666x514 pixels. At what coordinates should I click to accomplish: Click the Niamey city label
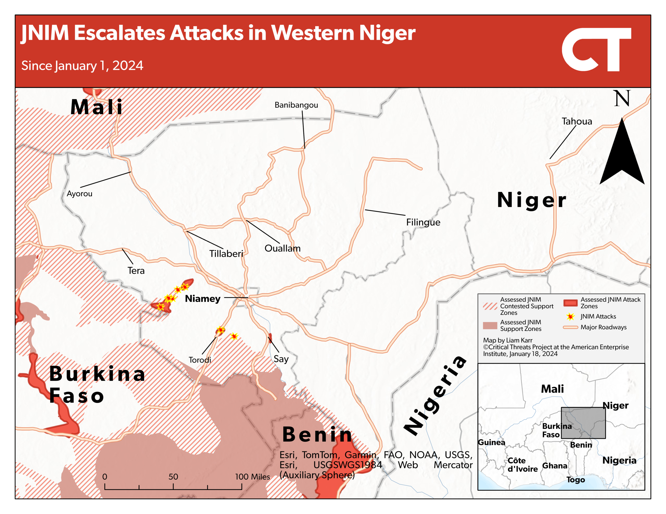click(x=202, y=299)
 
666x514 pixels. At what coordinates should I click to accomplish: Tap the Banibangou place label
click(x=296, y=105)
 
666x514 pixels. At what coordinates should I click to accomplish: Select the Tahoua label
click(x=577, y=121)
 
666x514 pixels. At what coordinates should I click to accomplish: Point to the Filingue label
click(x=423, y=222)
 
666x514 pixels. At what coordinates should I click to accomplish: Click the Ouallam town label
click(x=282, y=248)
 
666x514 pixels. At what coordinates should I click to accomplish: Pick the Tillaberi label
click(x=226, y=254)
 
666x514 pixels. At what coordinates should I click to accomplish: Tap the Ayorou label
click(x=79, y=194)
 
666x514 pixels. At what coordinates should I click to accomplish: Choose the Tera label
click(x=136, y=271)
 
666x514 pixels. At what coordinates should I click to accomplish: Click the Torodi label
click(x=200, y=360)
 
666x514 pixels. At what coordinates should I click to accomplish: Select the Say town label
click(x=281, y=359)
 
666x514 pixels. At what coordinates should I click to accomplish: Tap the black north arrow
click(x=622, y=155)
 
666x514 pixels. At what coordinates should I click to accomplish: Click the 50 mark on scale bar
click(x=173, y=477)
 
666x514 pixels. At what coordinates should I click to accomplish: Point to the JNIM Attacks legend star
click(x=570, y=317)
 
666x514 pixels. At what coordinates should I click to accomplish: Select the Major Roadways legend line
click(x=570, y=327)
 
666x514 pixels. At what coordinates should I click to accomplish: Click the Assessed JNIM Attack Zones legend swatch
click(x=570, y=303)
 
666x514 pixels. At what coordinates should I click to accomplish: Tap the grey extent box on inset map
click(x=583, y=423)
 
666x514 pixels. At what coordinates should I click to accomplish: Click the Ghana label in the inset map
click(x=554, y=466)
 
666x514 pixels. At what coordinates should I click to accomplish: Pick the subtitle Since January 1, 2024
click(x=82, y=66)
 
